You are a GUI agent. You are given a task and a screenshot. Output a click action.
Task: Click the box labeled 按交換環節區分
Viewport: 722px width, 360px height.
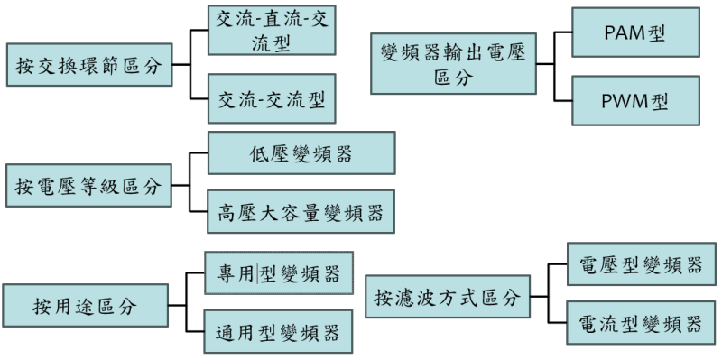click(89, 66)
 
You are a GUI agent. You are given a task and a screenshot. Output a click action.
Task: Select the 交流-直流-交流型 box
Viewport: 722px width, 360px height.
click(271, 33)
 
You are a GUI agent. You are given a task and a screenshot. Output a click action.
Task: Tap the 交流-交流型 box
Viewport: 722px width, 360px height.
click(271, 98)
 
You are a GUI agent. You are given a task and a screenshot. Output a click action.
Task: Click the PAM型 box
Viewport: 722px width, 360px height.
click(635, 32)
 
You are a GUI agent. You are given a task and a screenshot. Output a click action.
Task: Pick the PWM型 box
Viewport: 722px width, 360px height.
click(635, 100)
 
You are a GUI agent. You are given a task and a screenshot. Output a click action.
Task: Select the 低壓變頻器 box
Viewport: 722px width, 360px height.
click(301, 152)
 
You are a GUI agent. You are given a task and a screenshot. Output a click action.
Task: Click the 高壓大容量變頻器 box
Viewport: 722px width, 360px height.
click(301, 212)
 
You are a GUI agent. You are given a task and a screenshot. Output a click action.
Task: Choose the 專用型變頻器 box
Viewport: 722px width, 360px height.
click(278, 272)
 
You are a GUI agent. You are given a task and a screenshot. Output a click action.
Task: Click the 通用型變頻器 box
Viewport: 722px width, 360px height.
click(278, 332)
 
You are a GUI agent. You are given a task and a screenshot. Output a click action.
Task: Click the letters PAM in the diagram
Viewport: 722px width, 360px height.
click(625, 33)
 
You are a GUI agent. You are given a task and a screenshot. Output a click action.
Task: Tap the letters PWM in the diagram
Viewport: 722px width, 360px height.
click(625, 100)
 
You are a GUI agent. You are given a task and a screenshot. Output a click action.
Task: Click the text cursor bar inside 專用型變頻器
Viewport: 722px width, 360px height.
click(257, 273)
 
